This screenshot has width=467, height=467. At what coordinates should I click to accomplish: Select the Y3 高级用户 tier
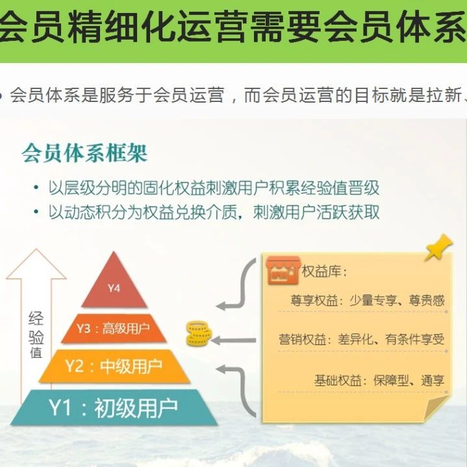click(114, 328)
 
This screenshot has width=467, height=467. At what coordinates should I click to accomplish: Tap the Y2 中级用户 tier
click(114, 366)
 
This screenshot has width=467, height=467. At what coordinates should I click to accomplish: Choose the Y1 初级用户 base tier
click(114, 407)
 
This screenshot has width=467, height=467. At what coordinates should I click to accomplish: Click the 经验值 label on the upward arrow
click(36, 334)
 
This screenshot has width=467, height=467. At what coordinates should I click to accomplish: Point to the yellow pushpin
click(439, 247)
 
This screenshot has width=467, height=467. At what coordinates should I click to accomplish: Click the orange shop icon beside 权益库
click(283, 270)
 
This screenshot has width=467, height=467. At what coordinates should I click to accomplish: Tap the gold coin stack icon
click(199, 333)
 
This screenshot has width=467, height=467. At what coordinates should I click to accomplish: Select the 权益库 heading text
click(324, 271)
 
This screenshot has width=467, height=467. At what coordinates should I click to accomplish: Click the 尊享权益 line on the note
click(368, 300)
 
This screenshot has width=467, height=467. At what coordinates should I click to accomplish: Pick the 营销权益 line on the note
click(362, 339)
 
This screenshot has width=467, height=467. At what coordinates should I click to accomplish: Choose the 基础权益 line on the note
click(379, 381)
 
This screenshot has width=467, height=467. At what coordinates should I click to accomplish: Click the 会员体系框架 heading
click(84, 153)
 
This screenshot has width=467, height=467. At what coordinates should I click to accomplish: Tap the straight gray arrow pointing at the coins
click(234, 340)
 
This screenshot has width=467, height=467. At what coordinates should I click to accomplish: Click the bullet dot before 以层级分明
click(36, 188)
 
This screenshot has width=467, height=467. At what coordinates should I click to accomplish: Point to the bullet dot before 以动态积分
click(36, 212)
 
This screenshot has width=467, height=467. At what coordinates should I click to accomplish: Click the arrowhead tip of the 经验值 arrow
click(36, 249)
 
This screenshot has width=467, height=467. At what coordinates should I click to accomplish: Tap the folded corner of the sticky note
click(436, 407)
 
